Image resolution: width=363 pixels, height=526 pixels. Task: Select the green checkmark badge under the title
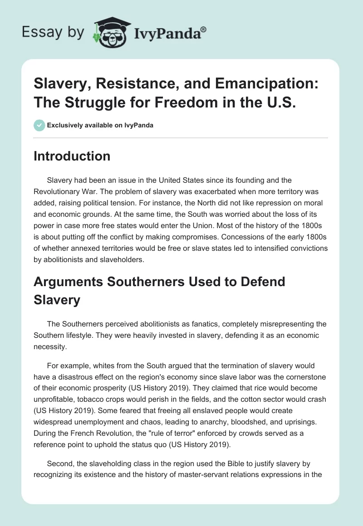click(39, 125)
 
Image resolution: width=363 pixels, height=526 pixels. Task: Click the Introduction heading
click(72, 156)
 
